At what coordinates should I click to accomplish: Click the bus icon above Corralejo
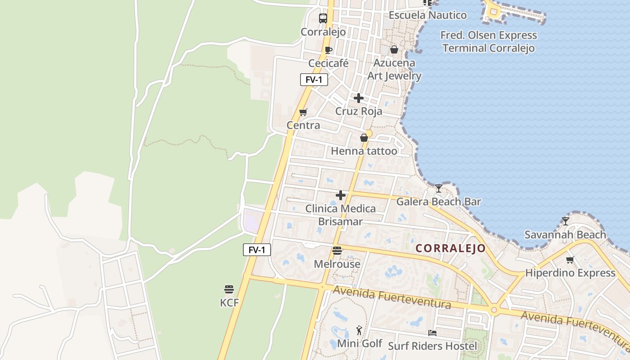323,18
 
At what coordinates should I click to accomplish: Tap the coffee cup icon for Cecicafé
328,50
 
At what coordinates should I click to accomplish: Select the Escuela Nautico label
427,15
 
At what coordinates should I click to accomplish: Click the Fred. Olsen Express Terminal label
489,42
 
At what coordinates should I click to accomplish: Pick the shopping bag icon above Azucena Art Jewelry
394,49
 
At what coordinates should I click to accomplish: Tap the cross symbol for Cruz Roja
359,98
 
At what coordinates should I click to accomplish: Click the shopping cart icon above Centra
303,112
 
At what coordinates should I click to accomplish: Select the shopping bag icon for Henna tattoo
364,138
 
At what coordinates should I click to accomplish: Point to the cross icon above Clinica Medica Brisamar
341,195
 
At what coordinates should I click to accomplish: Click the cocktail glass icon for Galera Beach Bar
439,188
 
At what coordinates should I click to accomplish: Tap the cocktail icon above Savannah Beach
566,221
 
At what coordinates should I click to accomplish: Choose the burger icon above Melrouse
337,251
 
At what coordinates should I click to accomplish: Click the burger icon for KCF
229,289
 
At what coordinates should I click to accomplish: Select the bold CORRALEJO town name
450,248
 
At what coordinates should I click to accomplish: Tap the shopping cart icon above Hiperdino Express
570,260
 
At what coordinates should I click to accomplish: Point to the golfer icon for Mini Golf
359,331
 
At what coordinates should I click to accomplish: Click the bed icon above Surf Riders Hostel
432,333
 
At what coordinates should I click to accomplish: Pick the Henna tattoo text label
364,151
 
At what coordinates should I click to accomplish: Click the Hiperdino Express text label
570,273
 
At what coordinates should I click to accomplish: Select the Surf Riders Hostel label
432,346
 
